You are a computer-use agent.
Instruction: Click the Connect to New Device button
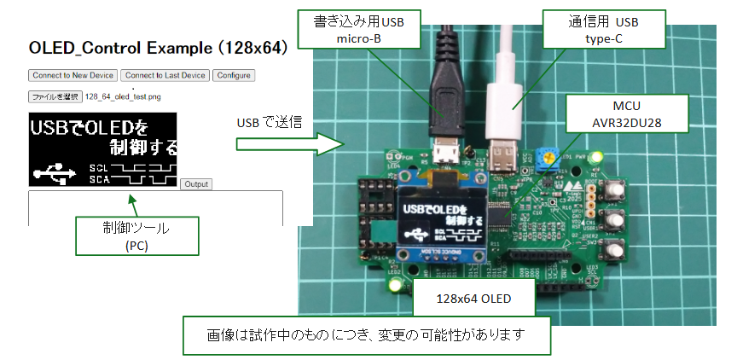click(x=73, y=75)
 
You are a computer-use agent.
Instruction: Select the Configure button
click(x=233, y=75)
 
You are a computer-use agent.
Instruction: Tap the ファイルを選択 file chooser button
click(x=55, y=96)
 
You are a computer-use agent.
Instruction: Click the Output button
click(x=196, y=184)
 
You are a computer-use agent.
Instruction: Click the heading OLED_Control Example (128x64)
click(x=155, y=46)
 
